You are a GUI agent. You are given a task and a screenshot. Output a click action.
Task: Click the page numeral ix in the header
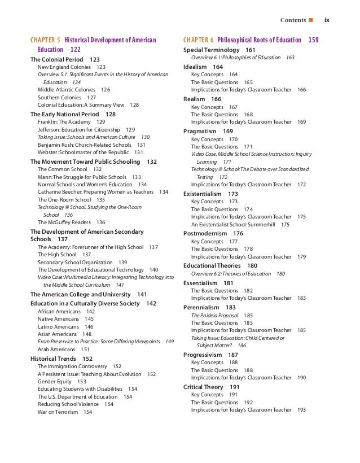click(327, 21)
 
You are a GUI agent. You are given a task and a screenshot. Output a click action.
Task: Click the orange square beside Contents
click(310, 21)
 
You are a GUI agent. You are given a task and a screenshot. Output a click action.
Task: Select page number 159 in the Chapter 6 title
click(314, 40)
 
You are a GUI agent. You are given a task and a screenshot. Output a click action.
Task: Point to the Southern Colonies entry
click(59, 97)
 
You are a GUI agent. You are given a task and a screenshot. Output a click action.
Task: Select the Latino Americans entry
click(58, 326)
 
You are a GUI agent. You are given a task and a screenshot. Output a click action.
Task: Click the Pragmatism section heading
click(200, 131)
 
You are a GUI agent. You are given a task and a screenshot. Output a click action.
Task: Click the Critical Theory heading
click(204, 387)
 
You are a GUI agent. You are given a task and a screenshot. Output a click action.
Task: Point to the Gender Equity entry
click(54, 382)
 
